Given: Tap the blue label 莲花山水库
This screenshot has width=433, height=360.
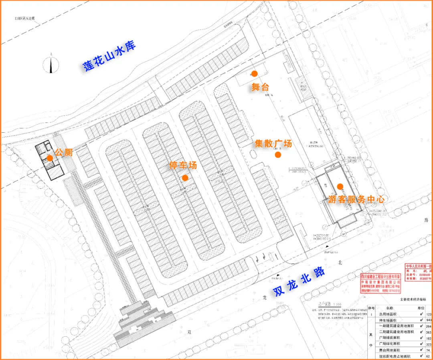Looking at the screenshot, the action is (109, 56).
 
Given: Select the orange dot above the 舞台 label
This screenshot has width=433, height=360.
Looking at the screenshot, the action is (254, 73).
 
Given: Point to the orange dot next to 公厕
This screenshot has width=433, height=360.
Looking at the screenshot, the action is (50, 158).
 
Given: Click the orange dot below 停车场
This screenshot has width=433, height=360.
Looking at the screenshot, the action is (185, 178).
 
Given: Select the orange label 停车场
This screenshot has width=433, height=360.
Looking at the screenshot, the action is (183, 165).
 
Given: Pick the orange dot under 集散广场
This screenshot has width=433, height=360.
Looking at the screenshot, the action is (277, 155).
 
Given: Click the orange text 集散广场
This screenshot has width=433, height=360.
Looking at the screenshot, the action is (273, 144).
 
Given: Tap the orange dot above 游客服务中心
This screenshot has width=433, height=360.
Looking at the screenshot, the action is (340, 186).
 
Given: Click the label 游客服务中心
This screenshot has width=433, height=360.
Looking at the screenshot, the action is (356, 199).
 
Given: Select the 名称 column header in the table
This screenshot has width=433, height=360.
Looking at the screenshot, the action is (388, 308).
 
